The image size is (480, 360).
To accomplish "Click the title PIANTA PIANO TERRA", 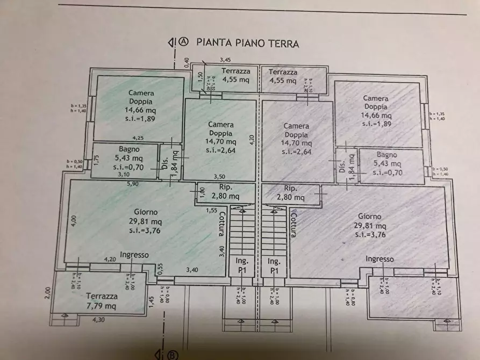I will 247,43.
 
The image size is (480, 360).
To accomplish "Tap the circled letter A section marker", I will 184,42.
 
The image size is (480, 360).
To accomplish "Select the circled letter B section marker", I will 173,354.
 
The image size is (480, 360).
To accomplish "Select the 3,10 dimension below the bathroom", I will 124,175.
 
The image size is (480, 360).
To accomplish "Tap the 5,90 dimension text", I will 133,184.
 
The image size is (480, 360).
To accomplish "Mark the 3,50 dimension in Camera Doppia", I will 220,176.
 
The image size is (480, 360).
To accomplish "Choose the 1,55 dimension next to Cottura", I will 211,210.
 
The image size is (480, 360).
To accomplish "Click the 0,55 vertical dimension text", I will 160,268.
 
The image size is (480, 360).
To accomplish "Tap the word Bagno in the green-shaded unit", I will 130,149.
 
